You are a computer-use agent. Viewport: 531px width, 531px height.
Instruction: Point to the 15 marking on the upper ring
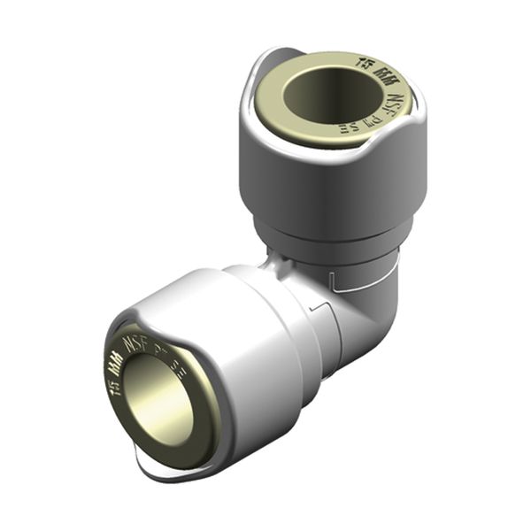[x=363, y=61]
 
